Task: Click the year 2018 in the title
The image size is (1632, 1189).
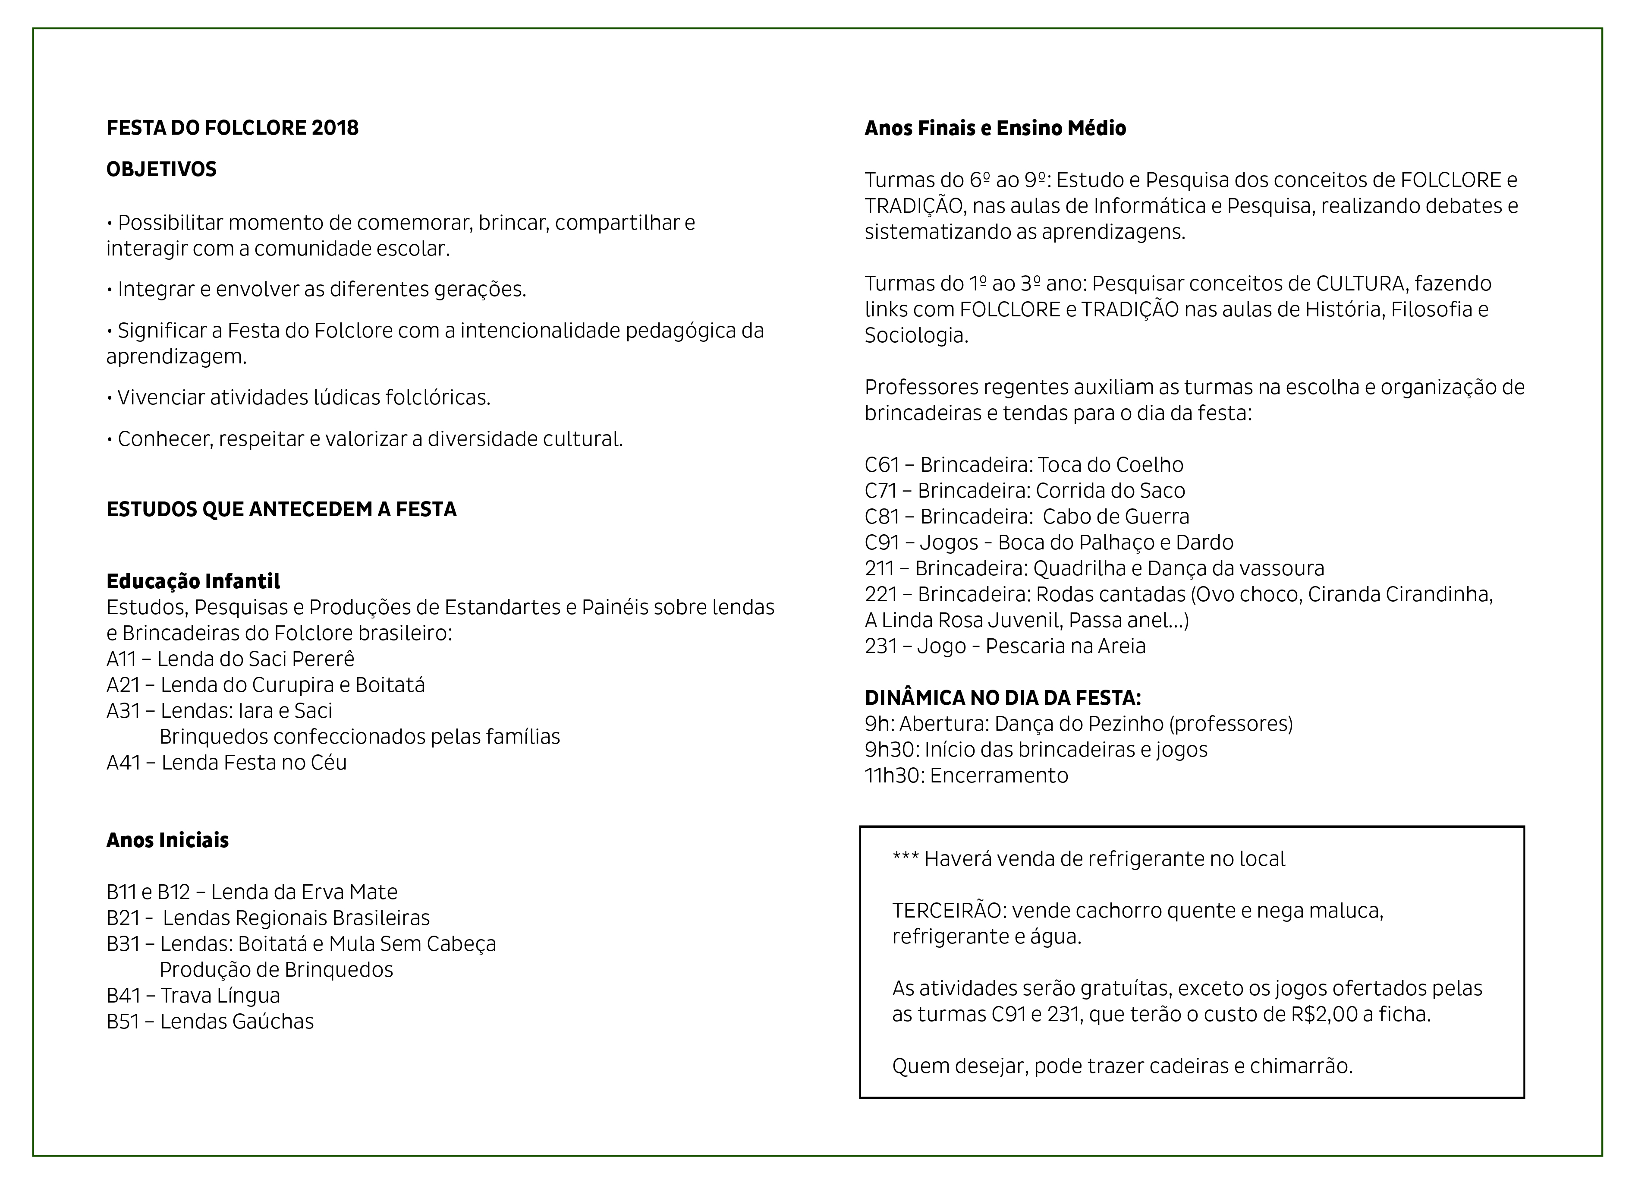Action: point(335,128)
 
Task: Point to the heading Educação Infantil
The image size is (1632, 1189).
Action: point(193,581)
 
